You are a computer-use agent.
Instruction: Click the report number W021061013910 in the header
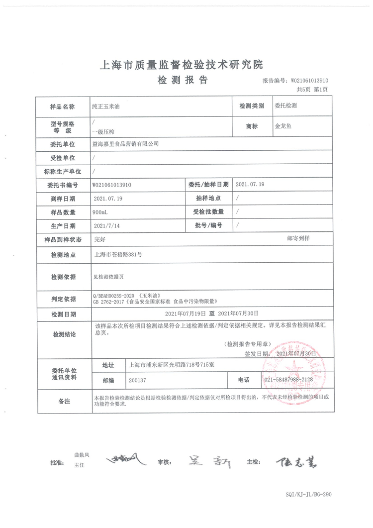[309, 80]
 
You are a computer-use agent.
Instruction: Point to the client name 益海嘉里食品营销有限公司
[126, 143]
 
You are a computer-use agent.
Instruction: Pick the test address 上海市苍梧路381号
[118, 254]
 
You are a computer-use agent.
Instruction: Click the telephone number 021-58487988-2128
[289, 379]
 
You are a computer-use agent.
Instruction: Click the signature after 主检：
[295, 462]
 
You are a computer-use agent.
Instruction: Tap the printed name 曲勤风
[81, 454]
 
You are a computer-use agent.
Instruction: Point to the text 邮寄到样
[298, 239]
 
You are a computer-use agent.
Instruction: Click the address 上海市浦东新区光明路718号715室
[171, 365]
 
